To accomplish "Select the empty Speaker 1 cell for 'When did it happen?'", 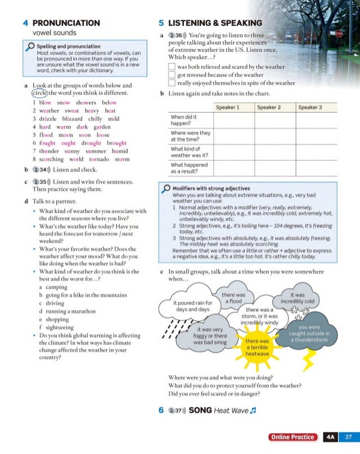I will coord(234,120).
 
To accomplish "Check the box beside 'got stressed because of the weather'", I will coord(172,74).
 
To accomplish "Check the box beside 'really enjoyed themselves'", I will coord(172,83).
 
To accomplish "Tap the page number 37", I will coord(348,437).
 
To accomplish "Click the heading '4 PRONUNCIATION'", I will coord(61,23).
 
